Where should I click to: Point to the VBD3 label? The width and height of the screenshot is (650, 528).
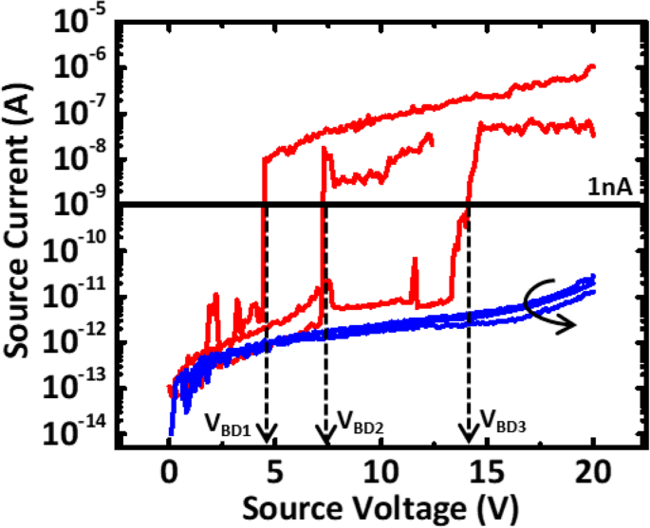pos(504,421)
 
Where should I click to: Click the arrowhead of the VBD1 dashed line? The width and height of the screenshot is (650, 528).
pos(268,434)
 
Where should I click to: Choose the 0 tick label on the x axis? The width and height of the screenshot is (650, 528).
pos(169,472)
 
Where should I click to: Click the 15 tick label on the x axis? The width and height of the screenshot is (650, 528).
pos(487,472)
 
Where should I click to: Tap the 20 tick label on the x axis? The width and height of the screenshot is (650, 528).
pos(593,472)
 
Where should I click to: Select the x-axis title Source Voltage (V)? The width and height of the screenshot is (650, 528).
pos(381,507)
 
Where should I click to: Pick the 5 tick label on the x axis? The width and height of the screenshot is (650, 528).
pos(275,472)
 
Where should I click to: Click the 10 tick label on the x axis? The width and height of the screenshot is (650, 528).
pos(381,472)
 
